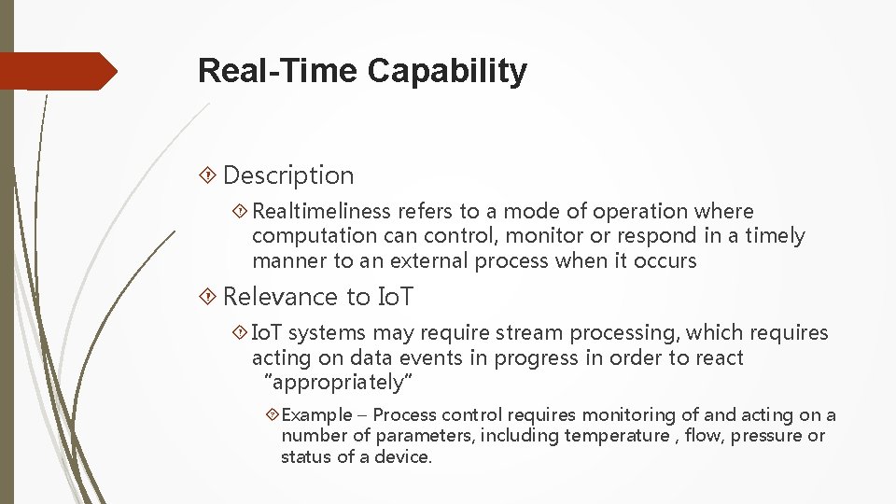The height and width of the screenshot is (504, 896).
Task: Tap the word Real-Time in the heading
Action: (279, 71)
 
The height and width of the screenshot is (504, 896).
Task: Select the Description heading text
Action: (288, 175)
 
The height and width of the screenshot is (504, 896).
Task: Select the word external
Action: (429, 260)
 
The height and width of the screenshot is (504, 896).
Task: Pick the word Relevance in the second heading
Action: (270, 297)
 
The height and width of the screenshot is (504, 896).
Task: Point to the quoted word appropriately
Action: (339, 382)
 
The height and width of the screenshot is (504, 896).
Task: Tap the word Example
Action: (317, 414)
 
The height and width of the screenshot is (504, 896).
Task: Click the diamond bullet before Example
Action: (271, 414)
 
